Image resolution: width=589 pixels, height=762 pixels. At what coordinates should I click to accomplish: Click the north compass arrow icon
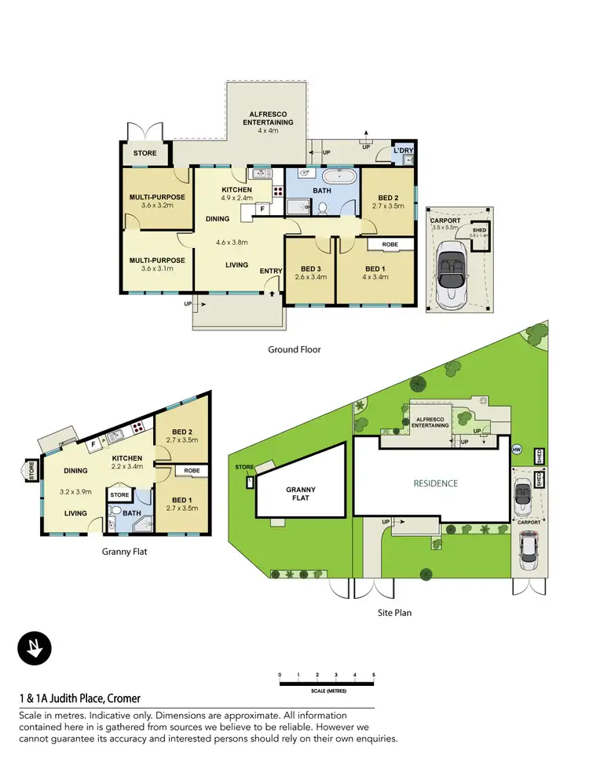click(35, 649)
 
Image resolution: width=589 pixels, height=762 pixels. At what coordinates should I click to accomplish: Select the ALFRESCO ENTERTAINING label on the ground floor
click(267, 118)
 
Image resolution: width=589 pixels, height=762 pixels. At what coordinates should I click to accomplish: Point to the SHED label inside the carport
click(478, 230)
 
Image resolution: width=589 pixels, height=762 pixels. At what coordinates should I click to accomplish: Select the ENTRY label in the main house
click(271, 272)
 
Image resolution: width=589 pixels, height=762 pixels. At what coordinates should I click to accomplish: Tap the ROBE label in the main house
click(390, 244)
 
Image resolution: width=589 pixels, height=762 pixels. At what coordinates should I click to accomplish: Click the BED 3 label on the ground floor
click(309, 268)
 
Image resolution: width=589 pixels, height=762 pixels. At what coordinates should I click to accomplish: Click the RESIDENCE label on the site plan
click(435, 483)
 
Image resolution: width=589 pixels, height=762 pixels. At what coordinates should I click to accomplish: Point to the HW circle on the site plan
click(516, 450)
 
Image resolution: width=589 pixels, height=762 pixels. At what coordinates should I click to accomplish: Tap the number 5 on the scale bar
click(374, 675)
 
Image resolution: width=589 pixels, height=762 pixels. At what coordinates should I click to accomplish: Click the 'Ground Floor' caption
click(294, 349)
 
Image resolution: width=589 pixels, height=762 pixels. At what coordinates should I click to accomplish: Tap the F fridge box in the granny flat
click(94, 444)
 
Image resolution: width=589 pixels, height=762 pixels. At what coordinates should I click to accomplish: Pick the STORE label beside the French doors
click(145, 153)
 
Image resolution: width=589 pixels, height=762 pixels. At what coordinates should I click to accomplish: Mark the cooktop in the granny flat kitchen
click(137, 428)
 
